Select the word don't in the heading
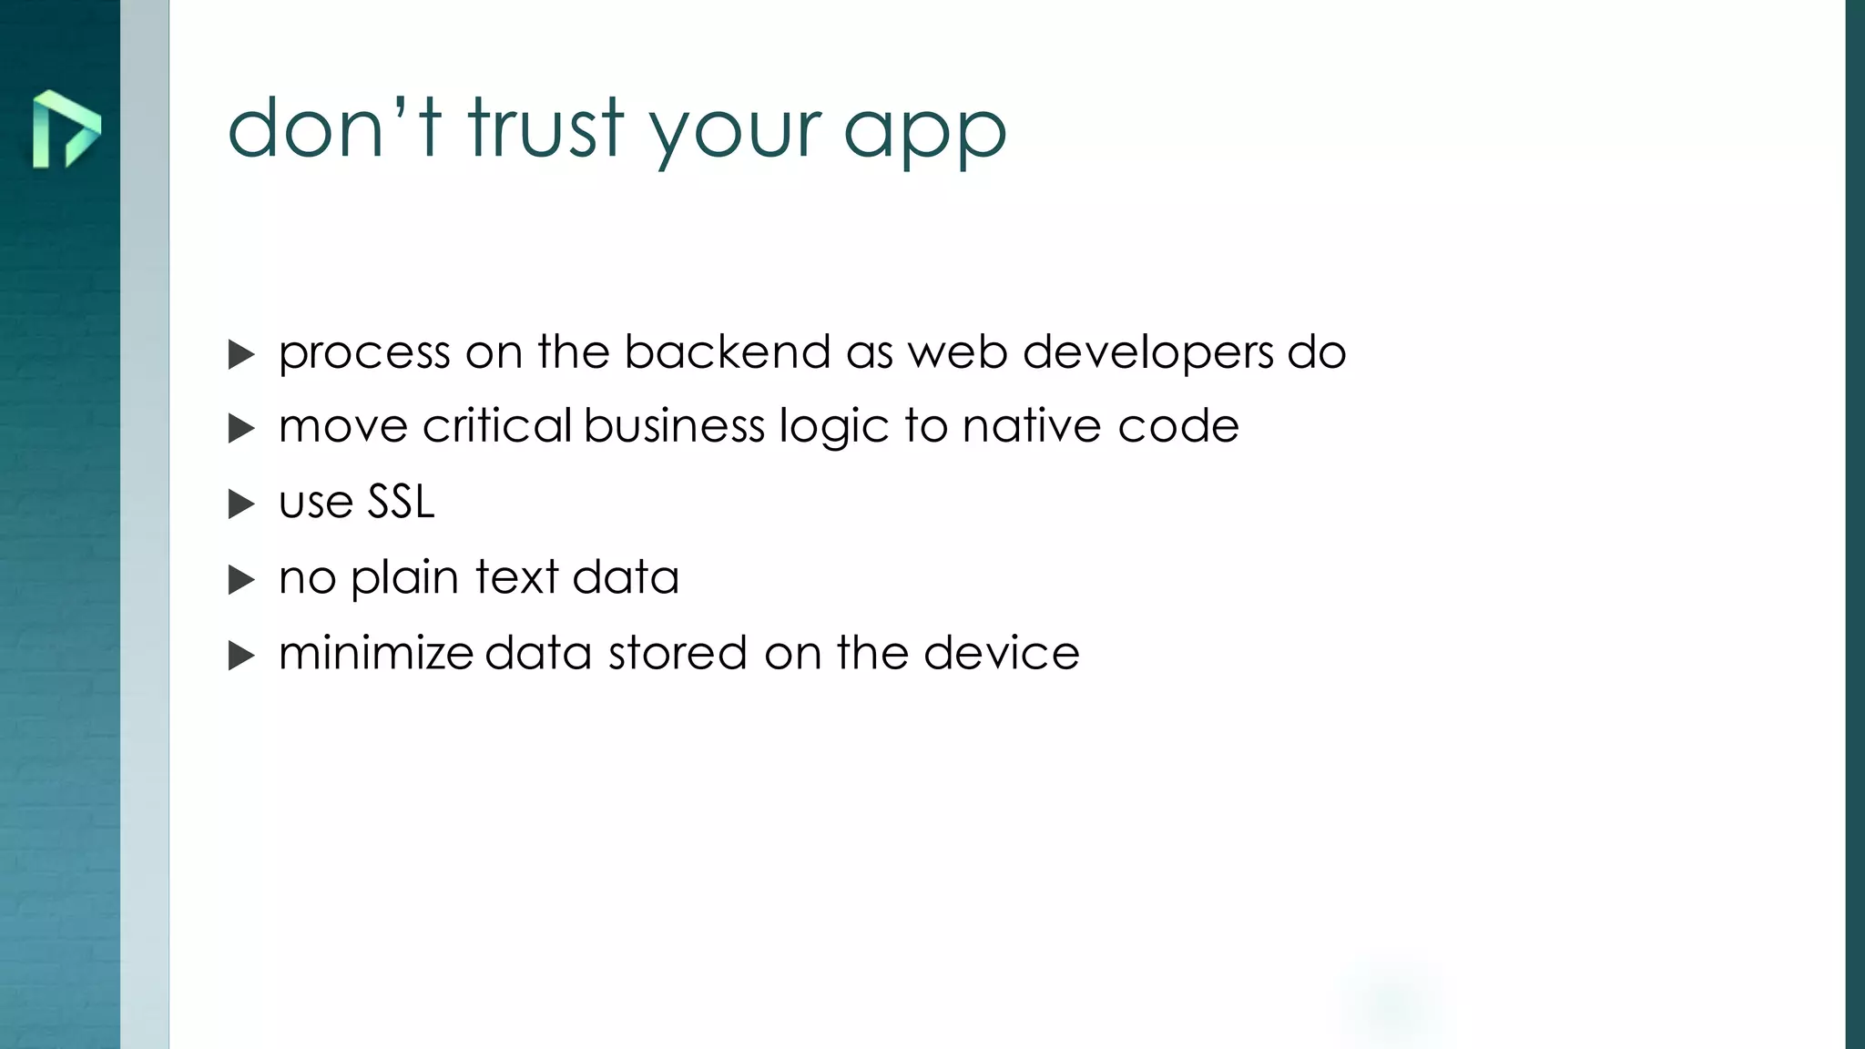tap(334, 128)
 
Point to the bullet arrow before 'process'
tap(241, 354)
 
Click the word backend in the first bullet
tap(727, 352)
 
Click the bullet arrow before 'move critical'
tap(241, 428)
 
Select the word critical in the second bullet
tap(497, 426)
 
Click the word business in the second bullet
tap(675, 426)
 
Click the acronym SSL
tap(401, 502)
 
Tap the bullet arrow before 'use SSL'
tap(241, 504)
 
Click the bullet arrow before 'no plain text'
tap(241, 579)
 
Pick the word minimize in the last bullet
tap(376, 653)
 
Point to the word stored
tap(678, 653)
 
